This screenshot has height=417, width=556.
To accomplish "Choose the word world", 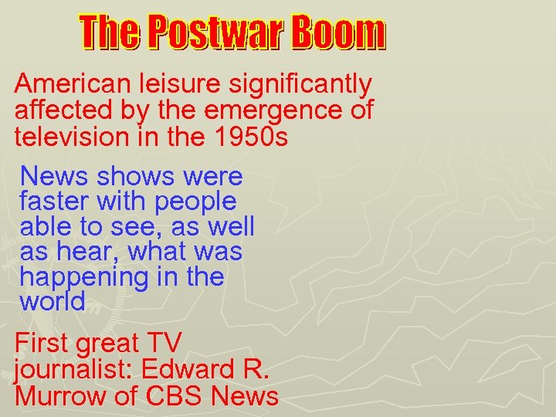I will coord(53,302).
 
